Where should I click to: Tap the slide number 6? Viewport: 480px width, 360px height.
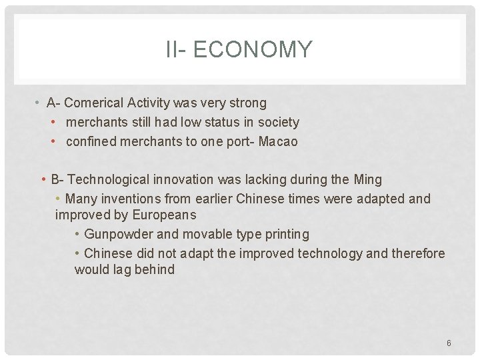449,343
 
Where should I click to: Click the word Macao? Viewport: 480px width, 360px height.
278,141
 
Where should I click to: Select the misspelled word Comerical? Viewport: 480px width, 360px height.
94,103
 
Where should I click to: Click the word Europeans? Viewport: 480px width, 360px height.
164,215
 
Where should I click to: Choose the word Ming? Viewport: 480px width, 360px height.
367,179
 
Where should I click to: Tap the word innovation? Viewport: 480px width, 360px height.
183,179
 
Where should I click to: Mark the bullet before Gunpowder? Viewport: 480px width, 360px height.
78,234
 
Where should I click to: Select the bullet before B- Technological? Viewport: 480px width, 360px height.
43,179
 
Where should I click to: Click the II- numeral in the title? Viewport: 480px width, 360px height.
177,50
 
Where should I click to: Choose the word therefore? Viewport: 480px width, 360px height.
418,253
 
